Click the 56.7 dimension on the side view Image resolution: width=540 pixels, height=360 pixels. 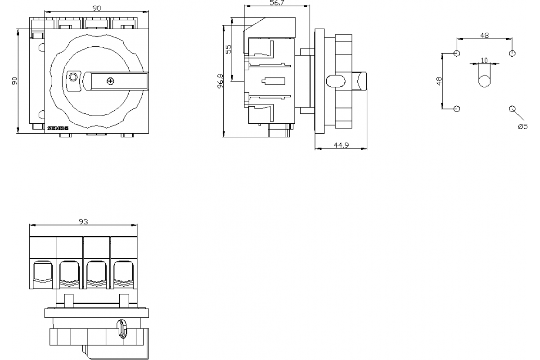pyautogui.click(x=276, y=3)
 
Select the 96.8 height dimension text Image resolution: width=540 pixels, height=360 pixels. pyautogui.click(x=220, y=81)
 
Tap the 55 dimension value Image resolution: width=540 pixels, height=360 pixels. pyautogui.click(x=229, y=49)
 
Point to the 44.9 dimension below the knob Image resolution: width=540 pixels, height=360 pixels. pyautogui.click(x=341, y=145)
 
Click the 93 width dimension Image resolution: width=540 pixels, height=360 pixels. pyautogui.click(x=83, y=221)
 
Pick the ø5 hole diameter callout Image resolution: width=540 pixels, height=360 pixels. pyautogui.click(x=522, y=126)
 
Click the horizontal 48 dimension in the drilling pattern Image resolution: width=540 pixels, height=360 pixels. pyautogui.click(x=484, y=36)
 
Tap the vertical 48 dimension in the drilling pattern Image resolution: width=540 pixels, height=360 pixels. pyautogui.click(x=439, y=81)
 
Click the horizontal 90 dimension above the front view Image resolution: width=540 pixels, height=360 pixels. pyautogui.click(x=96, y=8)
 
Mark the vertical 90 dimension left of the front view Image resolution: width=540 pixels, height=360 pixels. pyautogui.click(x=14, y=81)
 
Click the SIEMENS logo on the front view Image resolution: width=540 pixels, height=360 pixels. pyautogui.click(x=58, y=128)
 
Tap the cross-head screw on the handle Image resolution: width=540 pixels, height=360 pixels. pyautogui.click(x=110, y=81)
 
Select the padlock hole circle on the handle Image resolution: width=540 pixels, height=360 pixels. pyautogui.click(x=72, y=78)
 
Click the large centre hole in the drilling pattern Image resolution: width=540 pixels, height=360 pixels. pyautogui.click(x=484, y=81)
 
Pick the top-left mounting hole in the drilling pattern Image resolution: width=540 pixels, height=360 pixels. pyautogui.click(x=457, y=54)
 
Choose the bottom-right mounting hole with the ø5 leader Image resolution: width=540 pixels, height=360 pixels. pyautogui.click(x=512, y=108)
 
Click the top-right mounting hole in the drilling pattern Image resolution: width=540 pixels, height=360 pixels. pyautogui.click(x=512, y=54)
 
